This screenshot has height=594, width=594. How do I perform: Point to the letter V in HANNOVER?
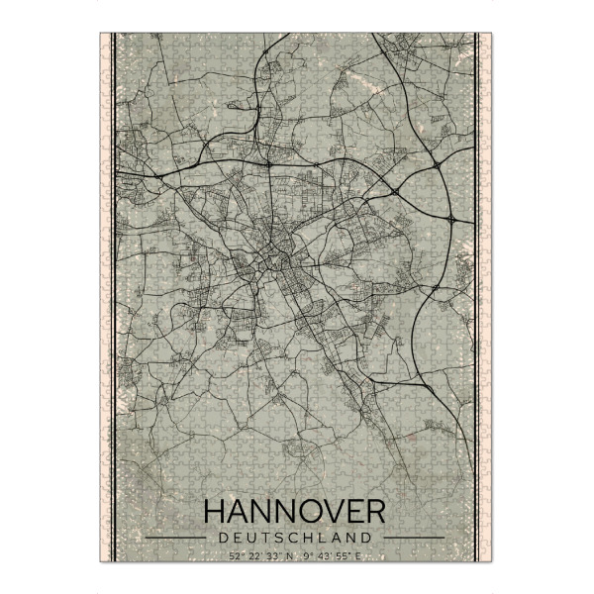[326, 512]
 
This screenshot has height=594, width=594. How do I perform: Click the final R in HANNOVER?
[373, 512]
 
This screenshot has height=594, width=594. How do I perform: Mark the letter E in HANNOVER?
[349, 512]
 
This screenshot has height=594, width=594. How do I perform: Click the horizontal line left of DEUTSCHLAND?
[177, 538]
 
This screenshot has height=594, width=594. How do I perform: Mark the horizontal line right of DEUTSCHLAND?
[413, 538]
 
